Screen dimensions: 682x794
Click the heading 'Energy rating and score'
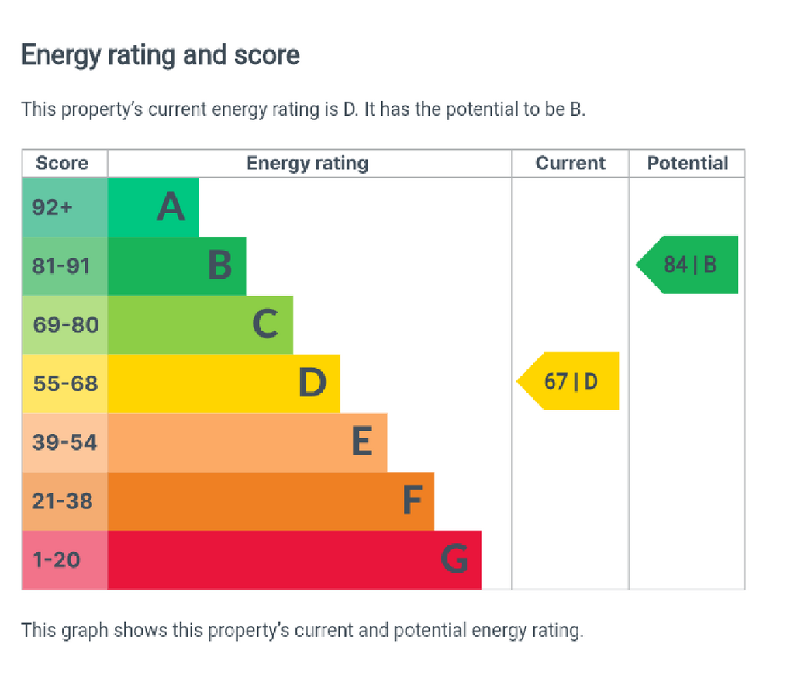[x=161, y=56]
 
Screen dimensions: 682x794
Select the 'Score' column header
[x=62, y=164]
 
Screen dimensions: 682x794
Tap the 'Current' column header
[x=571, y=164]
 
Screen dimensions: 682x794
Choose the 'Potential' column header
[x=688, y=164]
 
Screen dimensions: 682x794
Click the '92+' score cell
[x=52, y=207]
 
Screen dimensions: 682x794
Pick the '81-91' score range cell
[x=61, y=266]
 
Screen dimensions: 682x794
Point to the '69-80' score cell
[x=65, y=324]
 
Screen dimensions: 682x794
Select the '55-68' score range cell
[x=65, y=383]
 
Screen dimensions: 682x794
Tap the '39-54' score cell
[x=65, y=442]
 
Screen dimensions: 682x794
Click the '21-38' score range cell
[x=62, y=501]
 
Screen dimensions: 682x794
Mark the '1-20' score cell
[x=56, y=559]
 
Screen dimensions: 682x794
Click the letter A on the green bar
[x=171, y=207]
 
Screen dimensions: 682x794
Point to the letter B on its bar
[x=219, y=266]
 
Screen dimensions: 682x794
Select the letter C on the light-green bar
[x=265, y=324]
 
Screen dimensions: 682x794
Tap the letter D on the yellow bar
[x=312, y=383]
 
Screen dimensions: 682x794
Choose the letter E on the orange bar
[x=361, y=442]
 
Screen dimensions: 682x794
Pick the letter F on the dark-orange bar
[x=412, y=501]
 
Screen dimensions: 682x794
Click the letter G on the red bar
[x=454, y=559]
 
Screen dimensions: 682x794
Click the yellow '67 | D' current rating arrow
[x=570, y=382]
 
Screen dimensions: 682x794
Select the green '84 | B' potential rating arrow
[x=689, y=265]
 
